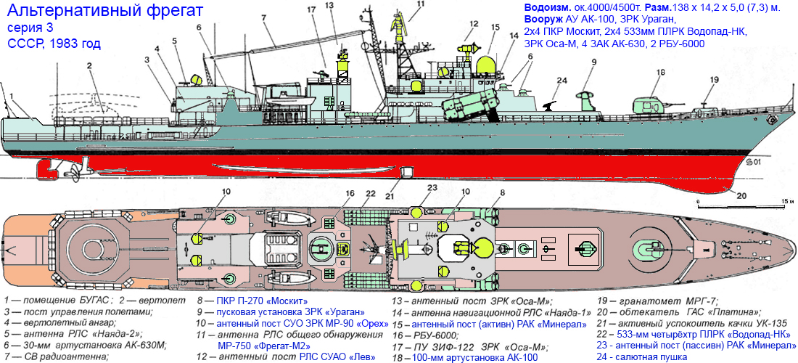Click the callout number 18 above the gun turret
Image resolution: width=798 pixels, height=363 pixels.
click(x=661, y=73)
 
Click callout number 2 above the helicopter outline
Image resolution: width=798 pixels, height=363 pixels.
click(x=89, y=65)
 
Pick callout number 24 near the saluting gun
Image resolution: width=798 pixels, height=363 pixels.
click(x=562, y=81)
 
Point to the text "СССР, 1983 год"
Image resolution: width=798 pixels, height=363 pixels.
click(x=54, y=43)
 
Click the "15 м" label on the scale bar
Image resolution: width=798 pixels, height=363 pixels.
click(x=783, y=202)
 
